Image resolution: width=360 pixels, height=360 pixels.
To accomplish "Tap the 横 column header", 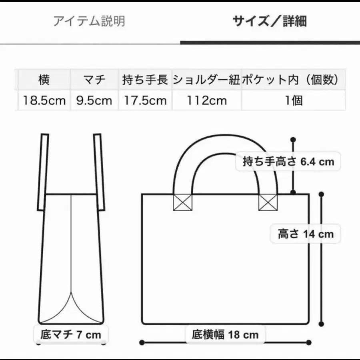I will click(x=44, y=80).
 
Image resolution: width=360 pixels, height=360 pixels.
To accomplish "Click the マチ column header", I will click(x=94, y=80).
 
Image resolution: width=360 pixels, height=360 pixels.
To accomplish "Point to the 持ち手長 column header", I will click(x=145, y=80).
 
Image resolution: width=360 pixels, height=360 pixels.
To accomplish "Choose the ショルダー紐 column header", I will click(x=206, y=80).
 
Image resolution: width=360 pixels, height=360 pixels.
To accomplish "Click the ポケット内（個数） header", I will click(x=293, y=80).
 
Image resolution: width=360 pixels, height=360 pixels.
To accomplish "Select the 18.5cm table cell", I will click(x=44, y=100).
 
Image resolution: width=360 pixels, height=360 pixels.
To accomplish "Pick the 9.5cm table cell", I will click(x=94, y=100).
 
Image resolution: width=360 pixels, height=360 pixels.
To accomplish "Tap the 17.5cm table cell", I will click(x=145, y=100).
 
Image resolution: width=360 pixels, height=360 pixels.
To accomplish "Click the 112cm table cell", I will click(x=206, y=100).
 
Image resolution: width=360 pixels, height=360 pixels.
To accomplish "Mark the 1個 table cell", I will click(x=293, y=100).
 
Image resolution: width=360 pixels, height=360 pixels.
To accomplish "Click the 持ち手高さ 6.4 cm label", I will click(x=288, y=162).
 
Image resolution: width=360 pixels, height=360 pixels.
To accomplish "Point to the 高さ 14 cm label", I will click(x=306, y=233).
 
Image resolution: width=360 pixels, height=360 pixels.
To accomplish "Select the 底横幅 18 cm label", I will click(x=225, y=334).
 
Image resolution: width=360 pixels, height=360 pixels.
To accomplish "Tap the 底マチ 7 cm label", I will click(x=71, y=334).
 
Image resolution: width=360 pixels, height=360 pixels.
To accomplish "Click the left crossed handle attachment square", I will click(x=182, y=202).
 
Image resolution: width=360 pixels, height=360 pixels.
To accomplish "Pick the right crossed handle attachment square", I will click(x=268, y=202).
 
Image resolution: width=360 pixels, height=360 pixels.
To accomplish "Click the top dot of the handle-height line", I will click(x=293, y=140).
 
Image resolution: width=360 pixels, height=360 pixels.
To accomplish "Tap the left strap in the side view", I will click(x=43, y=172).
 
